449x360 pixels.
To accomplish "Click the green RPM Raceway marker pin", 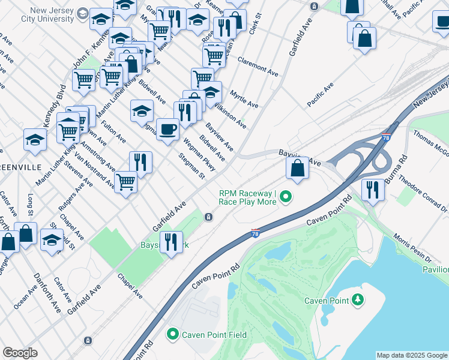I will tap(286, 196).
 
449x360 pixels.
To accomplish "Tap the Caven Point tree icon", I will tap(358, 299).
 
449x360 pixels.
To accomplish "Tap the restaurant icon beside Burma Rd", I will tap(373, 190).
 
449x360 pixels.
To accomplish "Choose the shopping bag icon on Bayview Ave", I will tap(297, 168).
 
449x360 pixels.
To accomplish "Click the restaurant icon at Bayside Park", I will tap(171, 242).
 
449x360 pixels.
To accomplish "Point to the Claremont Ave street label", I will tap(258, 66).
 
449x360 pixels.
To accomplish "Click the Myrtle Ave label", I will tap(244, 100).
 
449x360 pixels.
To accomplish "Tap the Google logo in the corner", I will tap(20, 352).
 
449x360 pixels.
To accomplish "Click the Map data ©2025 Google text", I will tap(411, 355).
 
